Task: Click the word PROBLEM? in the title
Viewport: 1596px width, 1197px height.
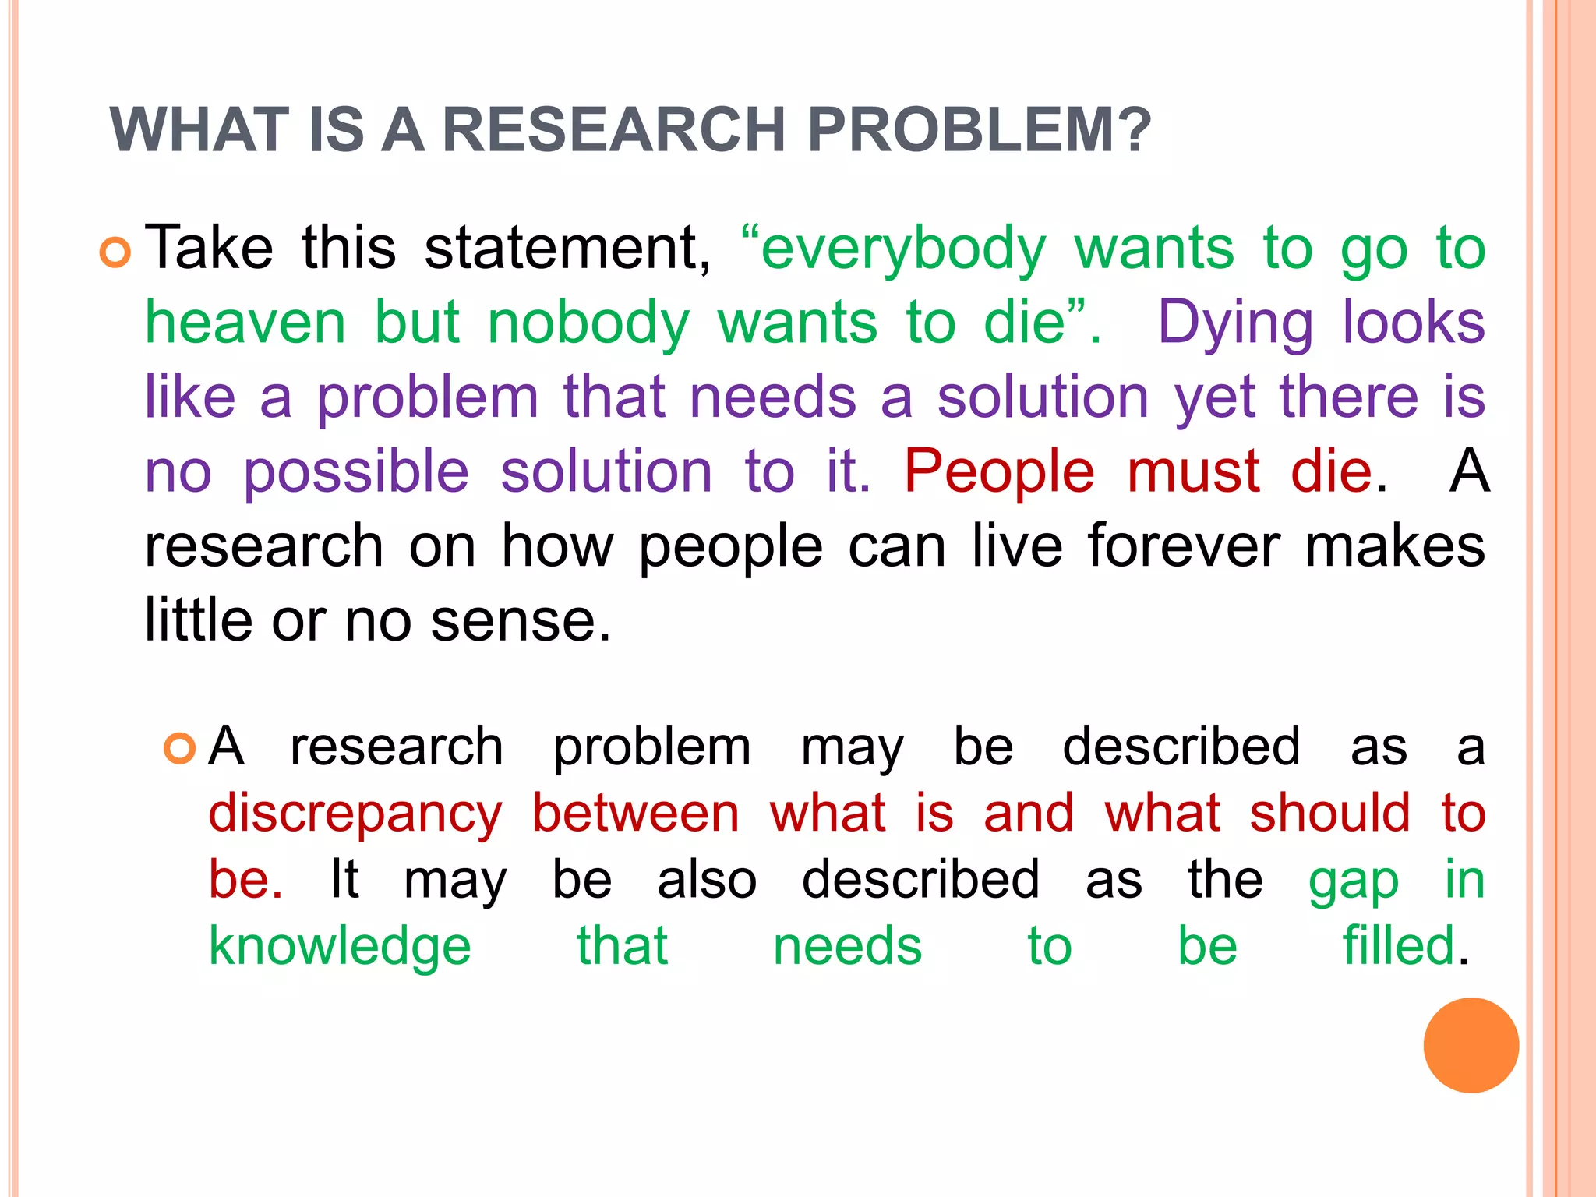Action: (x=979, y=129)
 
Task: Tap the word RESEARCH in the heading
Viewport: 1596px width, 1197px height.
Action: (x=613, y=129)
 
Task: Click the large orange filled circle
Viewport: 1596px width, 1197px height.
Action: (x=1471, y=1045)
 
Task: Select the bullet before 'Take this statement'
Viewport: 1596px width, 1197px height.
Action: (x=115, y=252)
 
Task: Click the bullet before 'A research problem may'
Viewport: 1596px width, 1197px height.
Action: (x=179, y=749)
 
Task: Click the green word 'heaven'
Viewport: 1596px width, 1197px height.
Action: (x=245, y=323)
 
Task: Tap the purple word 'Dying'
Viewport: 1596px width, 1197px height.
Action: (x=1235, y=323)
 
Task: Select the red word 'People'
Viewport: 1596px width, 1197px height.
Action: (x=999, y=471)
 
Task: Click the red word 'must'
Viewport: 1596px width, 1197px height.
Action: (x=1193, y=471)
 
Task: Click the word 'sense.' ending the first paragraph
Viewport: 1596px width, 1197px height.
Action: (x=521, y=621)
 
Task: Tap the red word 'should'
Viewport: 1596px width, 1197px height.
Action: (x=1329, y=814)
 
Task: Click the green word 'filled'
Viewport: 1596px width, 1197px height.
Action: (x=1398, y=946)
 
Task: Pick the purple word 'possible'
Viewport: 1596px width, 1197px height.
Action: (x=356, y=473)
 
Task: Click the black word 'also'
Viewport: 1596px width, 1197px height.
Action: (x=707, y=881)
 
